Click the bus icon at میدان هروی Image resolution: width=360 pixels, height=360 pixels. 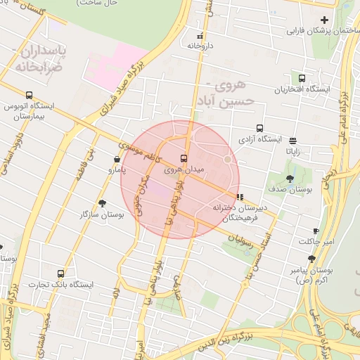pos(184,158)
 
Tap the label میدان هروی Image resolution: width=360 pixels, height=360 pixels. pos(184,169)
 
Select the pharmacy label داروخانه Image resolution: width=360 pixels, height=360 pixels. pos(200,45)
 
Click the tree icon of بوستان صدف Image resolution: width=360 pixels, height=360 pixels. pos(290,179)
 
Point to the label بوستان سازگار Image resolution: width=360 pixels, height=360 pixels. pos(103,213)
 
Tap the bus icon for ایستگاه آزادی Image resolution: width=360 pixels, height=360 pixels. pos(259,129)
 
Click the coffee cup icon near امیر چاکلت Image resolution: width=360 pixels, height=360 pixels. pos(316,231)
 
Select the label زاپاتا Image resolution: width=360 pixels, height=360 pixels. pos(292,150)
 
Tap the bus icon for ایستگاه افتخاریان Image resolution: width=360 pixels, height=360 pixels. pos(302,79)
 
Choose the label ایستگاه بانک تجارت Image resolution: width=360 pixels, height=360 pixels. pos(61,285)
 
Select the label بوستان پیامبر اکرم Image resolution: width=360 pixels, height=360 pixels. pos(310,274)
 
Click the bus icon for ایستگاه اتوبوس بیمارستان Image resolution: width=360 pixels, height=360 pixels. pos(29,95)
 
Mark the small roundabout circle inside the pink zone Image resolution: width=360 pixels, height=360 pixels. pos(228,160)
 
